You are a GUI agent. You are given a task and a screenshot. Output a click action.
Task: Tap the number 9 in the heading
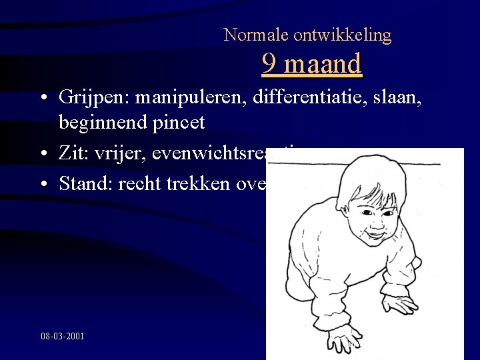269,64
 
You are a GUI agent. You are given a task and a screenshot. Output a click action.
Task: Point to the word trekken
194,183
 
